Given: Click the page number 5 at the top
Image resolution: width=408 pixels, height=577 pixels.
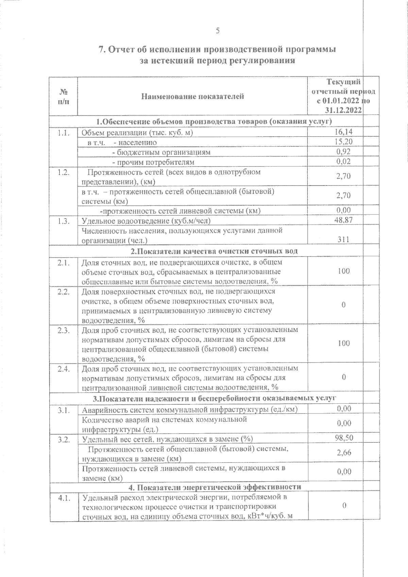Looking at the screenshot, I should [x=218, y=31].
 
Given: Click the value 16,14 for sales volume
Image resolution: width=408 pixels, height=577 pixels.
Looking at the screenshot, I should [x=343, y=132].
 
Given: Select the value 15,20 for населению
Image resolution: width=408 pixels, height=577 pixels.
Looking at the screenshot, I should [x=343, y=142].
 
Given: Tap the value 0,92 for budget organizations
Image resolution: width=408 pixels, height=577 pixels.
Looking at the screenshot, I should [x=343, y=152].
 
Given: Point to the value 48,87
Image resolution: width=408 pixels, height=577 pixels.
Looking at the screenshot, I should [x=343, y=220].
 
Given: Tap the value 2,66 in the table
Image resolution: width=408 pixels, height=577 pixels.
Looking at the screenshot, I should [x=344, y=453].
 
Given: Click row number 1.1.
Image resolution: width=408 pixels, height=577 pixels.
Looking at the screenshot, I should [x=64, y=133].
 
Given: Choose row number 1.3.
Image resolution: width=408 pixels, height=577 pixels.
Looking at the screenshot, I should [x=64, y=221].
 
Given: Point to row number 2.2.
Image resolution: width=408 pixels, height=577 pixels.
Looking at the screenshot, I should [x=64, y=292].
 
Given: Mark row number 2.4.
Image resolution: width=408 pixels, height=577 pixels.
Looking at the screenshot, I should [x=64, y=369].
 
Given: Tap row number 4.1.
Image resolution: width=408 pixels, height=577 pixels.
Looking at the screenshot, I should [x=64, y=499].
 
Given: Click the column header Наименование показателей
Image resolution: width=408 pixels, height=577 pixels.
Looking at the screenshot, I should [x=192, y=97].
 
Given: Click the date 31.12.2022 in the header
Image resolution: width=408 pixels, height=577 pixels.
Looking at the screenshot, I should [x=343, y=110].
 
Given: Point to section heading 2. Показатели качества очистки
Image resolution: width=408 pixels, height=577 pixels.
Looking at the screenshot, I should [x=214, y=251].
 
